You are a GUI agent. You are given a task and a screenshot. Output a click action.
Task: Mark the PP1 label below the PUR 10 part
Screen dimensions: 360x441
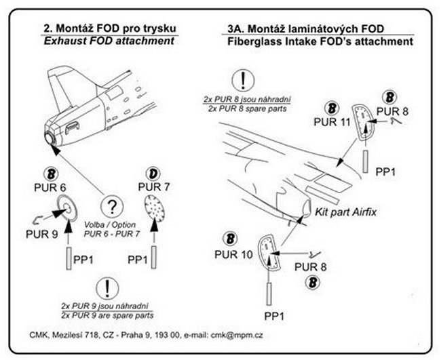coord(273,317)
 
